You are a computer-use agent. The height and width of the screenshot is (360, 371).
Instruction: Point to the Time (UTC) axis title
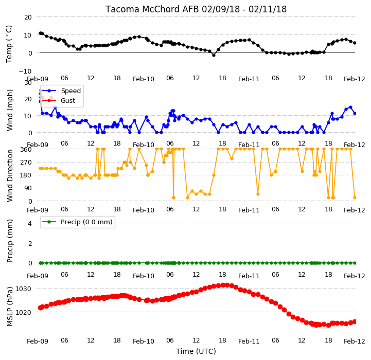pyautogui.click(x=196, y=351)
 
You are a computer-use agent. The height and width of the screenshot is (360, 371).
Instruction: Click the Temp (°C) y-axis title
pyautogui.click(x=9, y=44)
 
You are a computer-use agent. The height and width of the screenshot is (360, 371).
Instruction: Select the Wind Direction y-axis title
pyautogui.click(x=10, y=175)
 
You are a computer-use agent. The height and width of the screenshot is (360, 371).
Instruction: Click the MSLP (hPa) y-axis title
pyautogui.click(x=10, y=307)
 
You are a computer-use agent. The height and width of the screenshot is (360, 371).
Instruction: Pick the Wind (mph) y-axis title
pyautogui.click(x=10, y=110)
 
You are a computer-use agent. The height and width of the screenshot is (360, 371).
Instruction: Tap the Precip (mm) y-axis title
pyautogui.click(x=10, y=241)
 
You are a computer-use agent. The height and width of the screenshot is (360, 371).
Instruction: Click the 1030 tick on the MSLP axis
pyautogui.click(x=24, y=289)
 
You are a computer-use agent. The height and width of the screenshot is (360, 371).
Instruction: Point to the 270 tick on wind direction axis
pyautogui.click(x=26, y=163)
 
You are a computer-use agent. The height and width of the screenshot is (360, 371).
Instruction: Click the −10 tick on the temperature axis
pyautogui.click(x=25, y=71)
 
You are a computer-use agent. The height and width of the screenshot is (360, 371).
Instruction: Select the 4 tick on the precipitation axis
pyautogui.click(x=29, y=223)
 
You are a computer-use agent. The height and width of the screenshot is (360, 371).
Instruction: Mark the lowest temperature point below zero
pyautogui.click(x=214, y=55)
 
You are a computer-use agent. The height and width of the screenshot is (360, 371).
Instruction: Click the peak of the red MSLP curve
pyautogui.click(x=223, y=285)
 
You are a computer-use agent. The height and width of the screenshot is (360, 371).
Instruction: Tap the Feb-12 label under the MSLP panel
pyautogui.click(x=354, y=341)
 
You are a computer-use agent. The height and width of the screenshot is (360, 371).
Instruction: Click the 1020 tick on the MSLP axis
pyautogui.click(x=24, y=312)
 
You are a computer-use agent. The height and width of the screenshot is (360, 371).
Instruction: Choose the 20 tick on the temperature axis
pyautogui.click(x=28, y=17)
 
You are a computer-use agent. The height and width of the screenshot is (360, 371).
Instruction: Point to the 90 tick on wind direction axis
pyautogui.click(x=28, y=188)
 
